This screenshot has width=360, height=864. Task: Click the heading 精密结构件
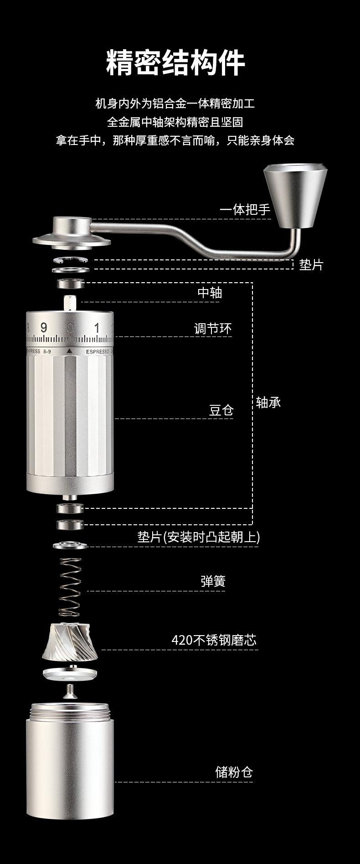(x=176, y=63)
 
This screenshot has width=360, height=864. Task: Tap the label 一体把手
(x=245, y=210)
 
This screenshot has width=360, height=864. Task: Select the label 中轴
(x=210, y=293)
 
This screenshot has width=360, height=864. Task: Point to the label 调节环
(x=213, y=328)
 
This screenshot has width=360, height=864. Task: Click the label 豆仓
(x=221, y=410)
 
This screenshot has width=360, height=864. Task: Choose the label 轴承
(x=268, y=402)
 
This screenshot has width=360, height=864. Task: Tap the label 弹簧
(x=213, y=581)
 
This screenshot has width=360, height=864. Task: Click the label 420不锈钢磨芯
(x=214, y=640)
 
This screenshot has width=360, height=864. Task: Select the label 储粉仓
(x=234, y=772)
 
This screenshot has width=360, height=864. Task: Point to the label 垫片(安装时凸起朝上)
(x=199, y=537)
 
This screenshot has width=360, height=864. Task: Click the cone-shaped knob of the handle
(x=295, y=196)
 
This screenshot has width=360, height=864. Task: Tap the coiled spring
(x=71, y=587)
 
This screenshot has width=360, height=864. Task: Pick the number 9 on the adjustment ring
(x=44, y=327)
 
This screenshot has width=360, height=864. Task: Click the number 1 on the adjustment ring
(x=97, y=327)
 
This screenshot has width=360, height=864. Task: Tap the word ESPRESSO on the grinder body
(x=98, y=352)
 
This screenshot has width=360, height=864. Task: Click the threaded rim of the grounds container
(x=70, y=711)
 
